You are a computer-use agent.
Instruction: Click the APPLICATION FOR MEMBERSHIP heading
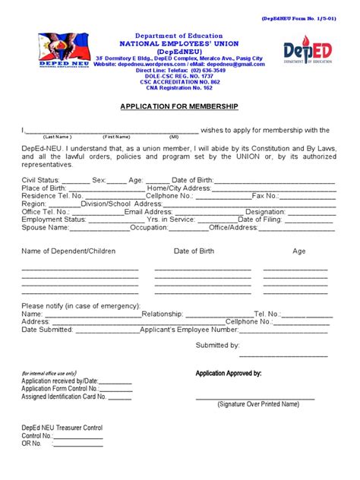pos(180,107)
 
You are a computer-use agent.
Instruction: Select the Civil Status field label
pos(44,180)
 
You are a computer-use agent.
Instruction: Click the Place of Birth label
pos(43,188)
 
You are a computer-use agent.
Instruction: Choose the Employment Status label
pos(53,219)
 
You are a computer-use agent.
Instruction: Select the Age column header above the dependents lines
pos(299,251)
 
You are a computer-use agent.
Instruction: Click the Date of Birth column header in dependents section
pos(194,251)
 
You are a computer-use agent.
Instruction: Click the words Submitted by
pos(218,345)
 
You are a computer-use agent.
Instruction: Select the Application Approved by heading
pos(229,374)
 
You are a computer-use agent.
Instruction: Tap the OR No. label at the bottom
pos(34,444)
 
